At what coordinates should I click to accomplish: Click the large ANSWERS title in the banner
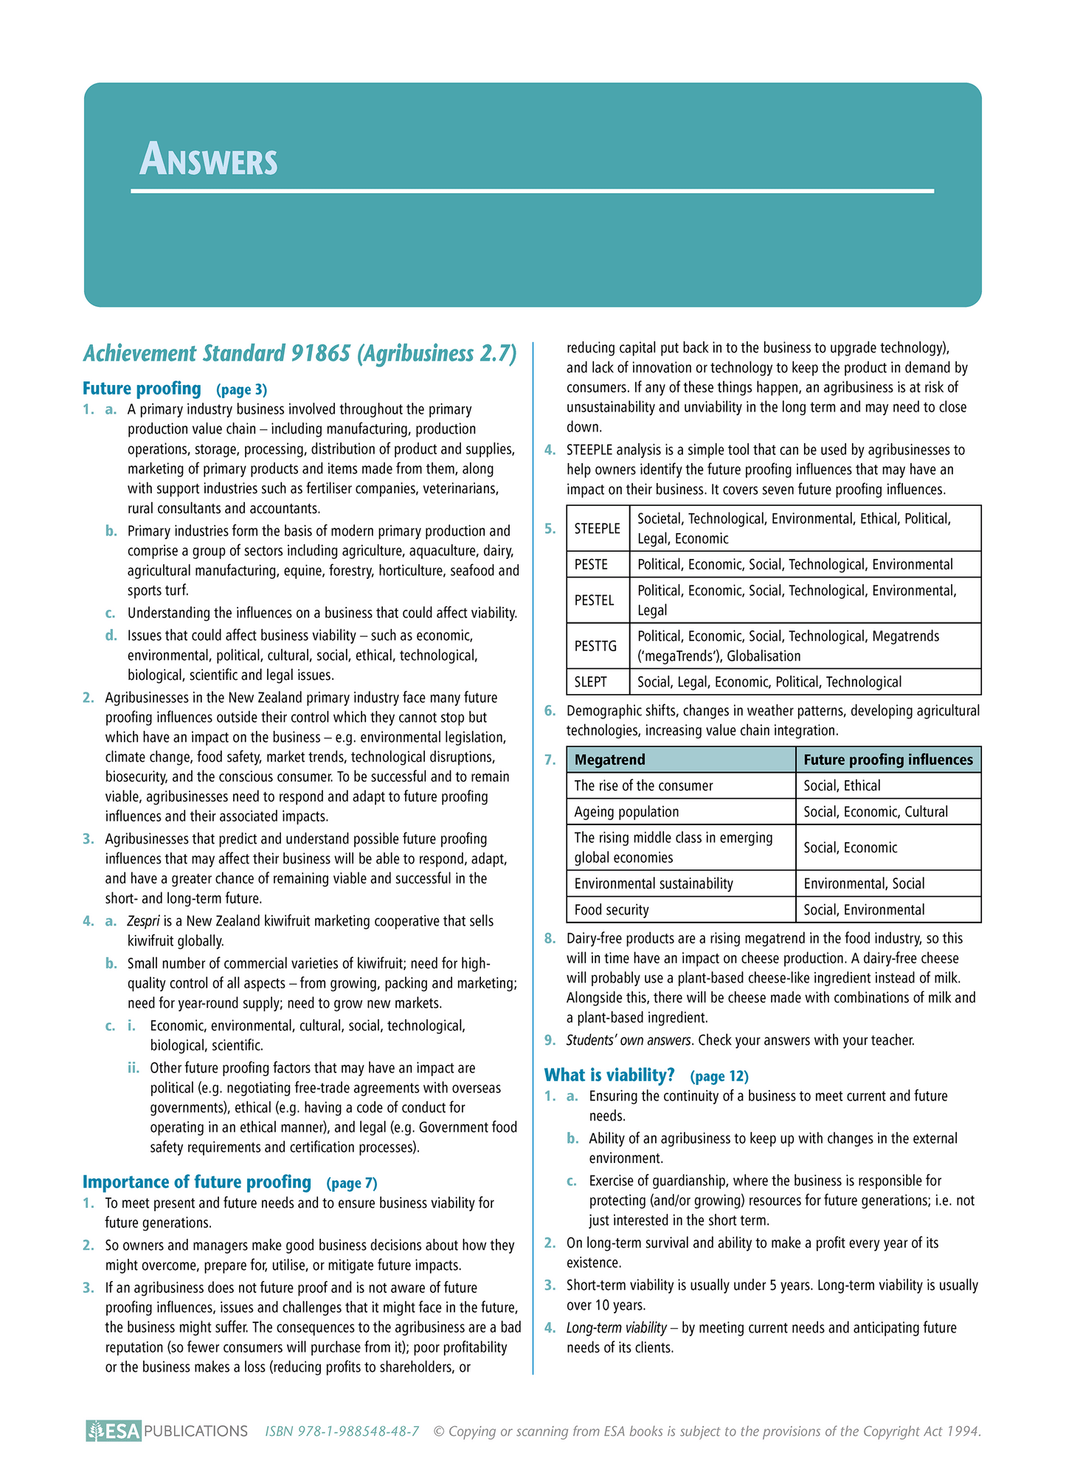(x=209, y=160)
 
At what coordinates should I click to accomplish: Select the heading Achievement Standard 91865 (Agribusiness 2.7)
(x=300, y=354)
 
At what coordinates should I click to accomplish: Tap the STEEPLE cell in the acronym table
(x=598, y=529)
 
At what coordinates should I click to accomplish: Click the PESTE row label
(x=591, y=565)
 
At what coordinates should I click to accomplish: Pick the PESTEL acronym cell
(x=594, y=600)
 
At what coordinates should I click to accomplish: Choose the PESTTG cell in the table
(x=595, y=646)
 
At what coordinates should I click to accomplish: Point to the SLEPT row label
(x=590, y=682)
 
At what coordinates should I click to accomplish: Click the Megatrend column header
(x=609, y=760)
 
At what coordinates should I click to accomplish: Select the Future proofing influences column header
(x=887, y=760)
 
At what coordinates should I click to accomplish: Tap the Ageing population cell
(x=626, y=812)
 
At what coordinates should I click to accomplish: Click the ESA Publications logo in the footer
(x=167, y=1431)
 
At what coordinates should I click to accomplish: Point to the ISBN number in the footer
(x=342, y=1431)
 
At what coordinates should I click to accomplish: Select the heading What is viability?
(x=609, y=1075)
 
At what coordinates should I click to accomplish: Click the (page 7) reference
(x=351, y=1183)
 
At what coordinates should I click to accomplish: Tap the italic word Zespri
(x=143, y=921)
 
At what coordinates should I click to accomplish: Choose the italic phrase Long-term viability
(x=616, y=1328)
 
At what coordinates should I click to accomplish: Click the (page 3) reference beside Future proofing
(x=241, y=389)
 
